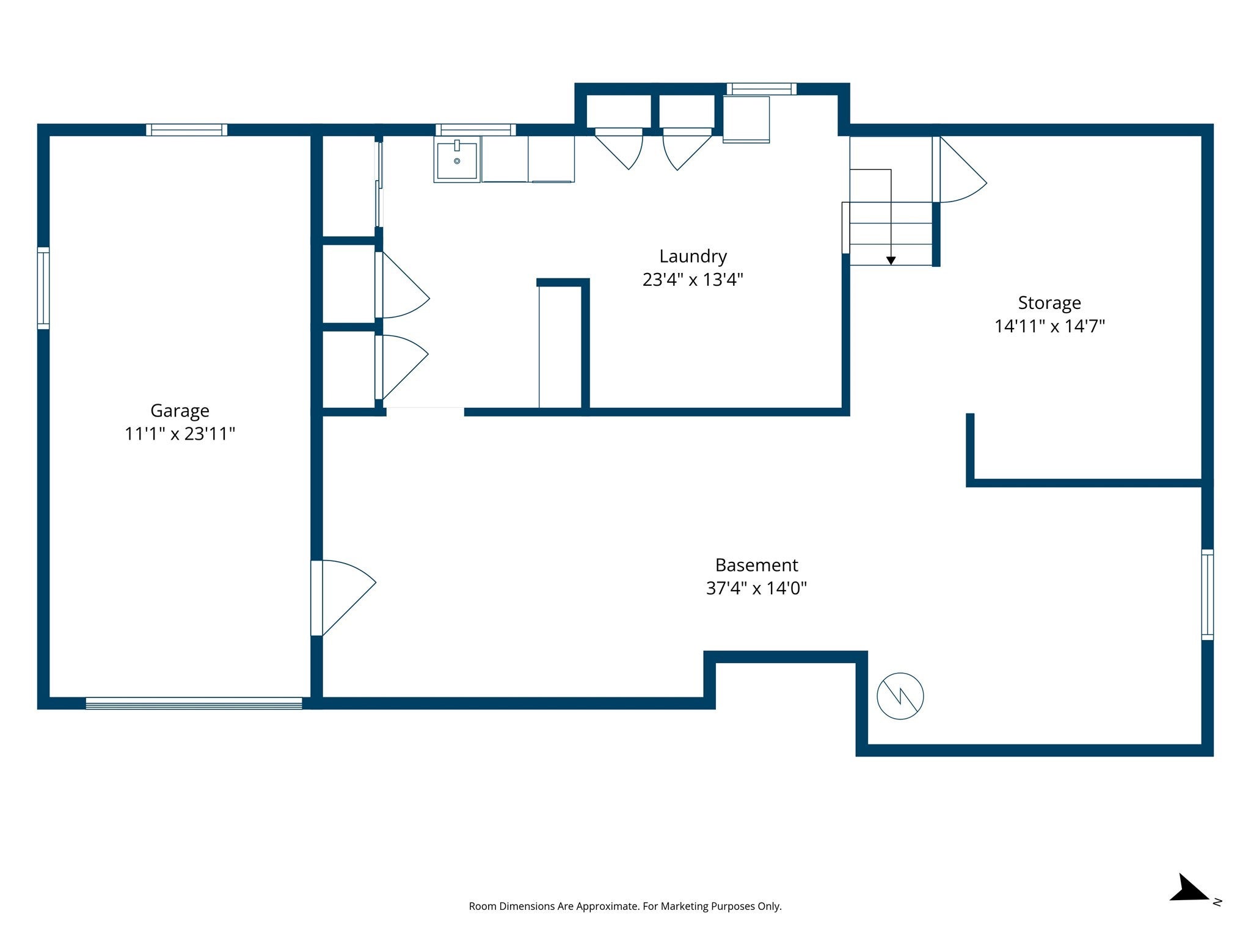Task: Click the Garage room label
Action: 180,411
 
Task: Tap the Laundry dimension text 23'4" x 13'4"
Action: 693,280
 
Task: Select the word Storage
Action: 1049,304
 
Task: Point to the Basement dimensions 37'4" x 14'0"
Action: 756,588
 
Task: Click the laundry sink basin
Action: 457,160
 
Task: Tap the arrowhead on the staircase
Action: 891,261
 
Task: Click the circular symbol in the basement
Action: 900,696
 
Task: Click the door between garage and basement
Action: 343,598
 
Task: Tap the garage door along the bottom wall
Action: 194,703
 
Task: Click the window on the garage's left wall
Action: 43,288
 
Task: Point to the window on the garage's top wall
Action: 186,130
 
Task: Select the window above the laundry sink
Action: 475,130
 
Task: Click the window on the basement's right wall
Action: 1208,595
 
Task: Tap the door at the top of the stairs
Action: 959,170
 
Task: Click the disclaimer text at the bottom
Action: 625,906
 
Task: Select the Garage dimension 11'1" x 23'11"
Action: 180,434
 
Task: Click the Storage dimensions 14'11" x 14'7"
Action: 1049,326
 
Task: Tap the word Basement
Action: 756,565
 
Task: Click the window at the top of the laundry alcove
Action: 761,89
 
